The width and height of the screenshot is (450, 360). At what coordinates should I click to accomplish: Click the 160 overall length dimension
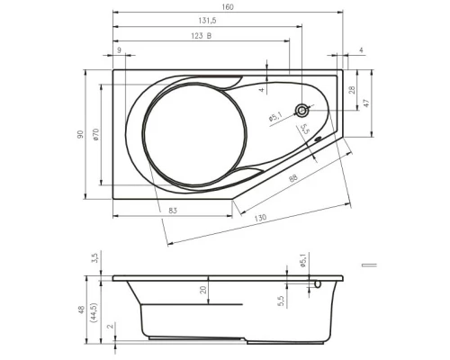click(228, 6)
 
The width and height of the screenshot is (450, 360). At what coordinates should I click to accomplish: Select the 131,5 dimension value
click(207, 21)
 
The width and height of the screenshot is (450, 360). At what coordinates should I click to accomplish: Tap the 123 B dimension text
click(202, 36)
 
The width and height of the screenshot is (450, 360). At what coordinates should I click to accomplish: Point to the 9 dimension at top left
click(119, 50)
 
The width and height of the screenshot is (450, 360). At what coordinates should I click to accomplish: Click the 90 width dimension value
click(80, 134)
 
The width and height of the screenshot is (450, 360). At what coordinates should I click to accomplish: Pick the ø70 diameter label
click(95, 134)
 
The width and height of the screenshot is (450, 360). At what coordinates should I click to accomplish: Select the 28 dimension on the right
click(352, 90)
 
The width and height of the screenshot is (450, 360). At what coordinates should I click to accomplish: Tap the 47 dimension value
click(366, 103)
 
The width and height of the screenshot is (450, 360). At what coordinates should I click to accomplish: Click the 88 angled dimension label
click(293, 178)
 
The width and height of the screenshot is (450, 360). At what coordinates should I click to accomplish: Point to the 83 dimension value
click(173, 211)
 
